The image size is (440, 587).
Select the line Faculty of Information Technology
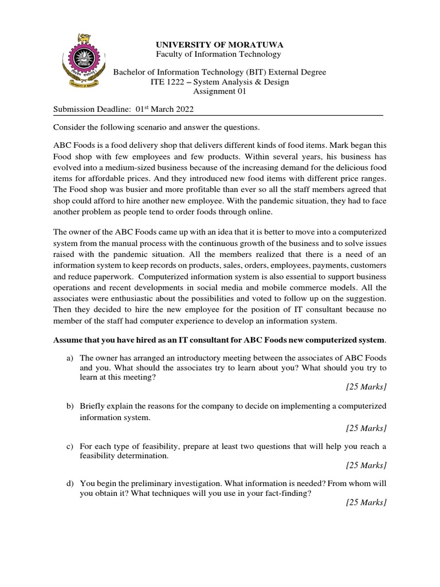click(x=219, y=54)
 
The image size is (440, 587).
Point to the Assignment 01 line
click(x=219, y=92)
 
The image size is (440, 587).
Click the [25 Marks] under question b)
click(x=366, y=428)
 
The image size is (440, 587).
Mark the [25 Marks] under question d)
click(x=366, y=503)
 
